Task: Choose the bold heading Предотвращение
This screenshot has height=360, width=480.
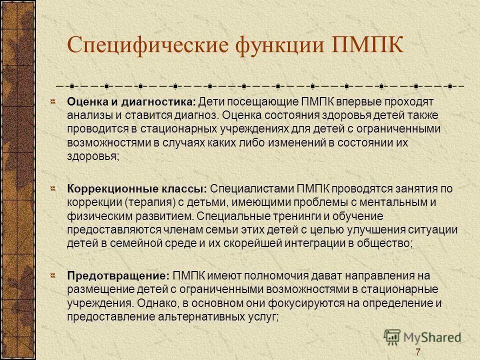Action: [119, 275]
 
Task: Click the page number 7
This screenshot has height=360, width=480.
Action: [417, 351]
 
